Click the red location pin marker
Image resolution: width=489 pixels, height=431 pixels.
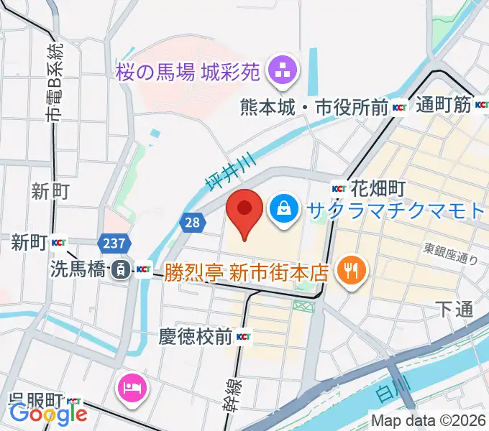pos(244,209)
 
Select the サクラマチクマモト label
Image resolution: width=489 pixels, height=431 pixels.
pos(396,210)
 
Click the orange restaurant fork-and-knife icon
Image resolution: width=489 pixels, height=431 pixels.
pos(351,270)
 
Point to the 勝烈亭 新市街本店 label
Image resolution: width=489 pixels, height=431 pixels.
pos(247,272)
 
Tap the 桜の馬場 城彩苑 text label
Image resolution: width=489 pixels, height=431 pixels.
pos(190,72)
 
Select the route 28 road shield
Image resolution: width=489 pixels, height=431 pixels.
pos(191,223)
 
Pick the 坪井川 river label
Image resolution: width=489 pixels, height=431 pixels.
pos(219,175)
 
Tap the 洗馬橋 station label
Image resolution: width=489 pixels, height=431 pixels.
pos(76,269)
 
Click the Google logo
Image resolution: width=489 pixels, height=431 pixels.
pos(48,414)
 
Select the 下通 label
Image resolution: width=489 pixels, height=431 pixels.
pos(454,309)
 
